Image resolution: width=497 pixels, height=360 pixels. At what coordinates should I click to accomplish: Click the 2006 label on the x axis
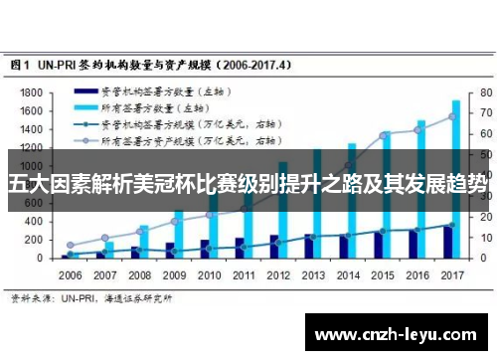click(71, 273)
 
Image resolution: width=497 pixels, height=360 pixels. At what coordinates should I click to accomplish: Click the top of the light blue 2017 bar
click(456, 101)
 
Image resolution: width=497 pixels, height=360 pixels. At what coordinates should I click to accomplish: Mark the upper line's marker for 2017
click(451, 116)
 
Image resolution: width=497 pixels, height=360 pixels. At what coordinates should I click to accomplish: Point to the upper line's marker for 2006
click(70, 245)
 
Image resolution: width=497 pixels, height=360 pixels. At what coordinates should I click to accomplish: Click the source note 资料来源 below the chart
click(90, 296)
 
